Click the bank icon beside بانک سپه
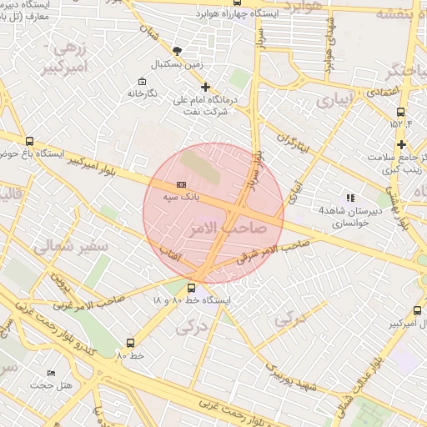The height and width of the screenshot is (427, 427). point(181,184)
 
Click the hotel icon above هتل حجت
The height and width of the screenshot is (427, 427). point(52,374)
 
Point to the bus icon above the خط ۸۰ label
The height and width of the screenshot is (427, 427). point(130,343)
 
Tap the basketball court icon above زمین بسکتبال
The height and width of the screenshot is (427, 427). point(177,50)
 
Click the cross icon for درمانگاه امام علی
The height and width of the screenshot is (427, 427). point(206,87)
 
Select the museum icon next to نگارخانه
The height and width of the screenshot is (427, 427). point(142,82)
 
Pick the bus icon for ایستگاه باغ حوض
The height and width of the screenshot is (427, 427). point(31,142)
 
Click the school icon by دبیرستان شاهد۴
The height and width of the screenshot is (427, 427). point(350,198)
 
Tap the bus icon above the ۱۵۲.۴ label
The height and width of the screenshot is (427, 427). point(401,112)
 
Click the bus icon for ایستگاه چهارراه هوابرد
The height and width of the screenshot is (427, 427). point(238,3)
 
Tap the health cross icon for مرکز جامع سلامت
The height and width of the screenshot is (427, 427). point(401,145)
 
